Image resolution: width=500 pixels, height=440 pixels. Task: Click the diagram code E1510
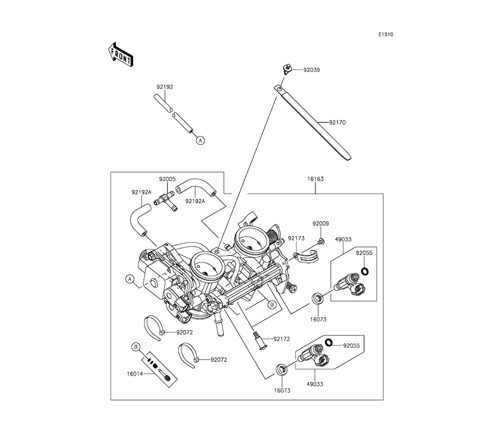[x=385, y=34]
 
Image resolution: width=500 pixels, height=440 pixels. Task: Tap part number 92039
[x=311, y=70]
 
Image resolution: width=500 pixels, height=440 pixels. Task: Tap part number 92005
[x=167, y=179]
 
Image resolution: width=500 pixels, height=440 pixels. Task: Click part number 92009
[x=321, y=223]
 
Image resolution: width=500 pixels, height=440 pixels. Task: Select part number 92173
[x=296, y=238]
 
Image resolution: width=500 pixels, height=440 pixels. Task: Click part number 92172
[x=281, y=339]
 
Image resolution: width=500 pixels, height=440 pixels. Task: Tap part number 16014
[x=134, y=372]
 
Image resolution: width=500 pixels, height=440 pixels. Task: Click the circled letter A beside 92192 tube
[x=200, y=141]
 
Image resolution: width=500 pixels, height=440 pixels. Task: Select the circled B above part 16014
[x=135, y=346]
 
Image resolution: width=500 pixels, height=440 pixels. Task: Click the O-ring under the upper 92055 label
[x=365, y=271]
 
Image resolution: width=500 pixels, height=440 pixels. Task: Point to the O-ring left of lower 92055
[x=329, y=342]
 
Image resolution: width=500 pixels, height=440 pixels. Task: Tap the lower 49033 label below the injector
[x=314, y=384]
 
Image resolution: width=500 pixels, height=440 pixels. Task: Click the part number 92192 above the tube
[x=164, y=87]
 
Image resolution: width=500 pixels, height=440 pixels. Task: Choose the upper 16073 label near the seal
[x=317, y=318]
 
